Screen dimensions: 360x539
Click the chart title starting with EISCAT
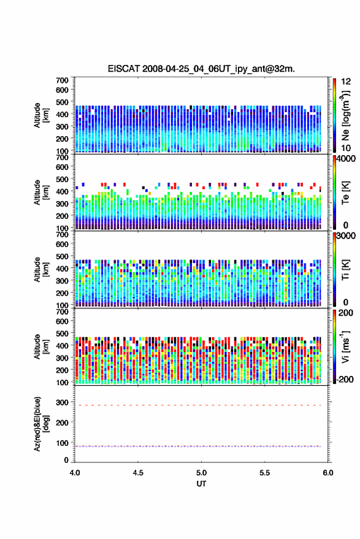pos(201,69)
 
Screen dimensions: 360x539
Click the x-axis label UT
pos(201,484)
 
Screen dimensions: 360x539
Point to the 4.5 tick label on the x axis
pos(138,473)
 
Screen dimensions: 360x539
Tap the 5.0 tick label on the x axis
pos(201,473)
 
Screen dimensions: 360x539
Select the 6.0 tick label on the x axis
pos(327,473)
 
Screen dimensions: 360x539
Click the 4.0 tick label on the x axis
pos(75,473)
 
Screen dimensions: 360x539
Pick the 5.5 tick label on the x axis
pos(264,473)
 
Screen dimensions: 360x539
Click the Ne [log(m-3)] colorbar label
pos(345,115)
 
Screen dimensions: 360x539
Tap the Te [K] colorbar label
pos(345,193)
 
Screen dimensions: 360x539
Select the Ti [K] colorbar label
pos(345,270)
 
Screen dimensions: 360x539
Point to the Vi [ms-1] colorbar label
pos(345,346)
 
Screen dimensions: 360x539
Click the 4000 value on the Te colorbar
pos(347,159)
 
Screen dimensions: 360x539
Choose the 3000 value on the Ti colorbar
pos(347,236)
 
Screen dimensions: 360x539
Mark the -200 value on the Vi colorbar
pos(345,380)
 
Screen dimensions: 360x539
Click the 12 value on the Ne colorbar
pos(347,82)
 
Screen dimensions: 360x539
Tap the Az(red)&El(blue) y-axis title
pos(41,424)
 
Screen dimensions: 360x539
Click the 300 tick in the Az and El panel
pos(62,402)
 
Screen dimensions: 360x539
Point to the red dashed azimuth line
pos(197,405)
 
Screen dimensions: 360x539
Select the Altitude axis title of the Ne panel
pos(41,115)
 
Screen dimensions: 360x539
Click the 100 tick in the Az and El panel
pos(62,443)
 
